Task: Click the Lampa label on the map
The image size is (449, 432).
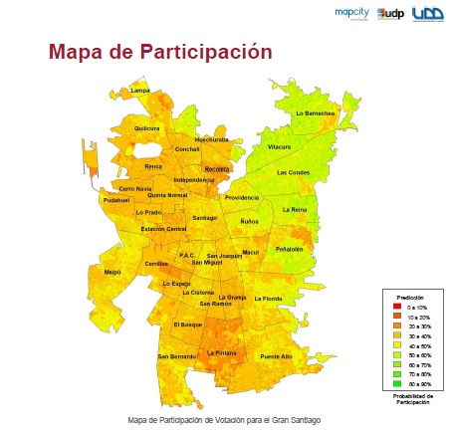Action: click(x=140, y=91)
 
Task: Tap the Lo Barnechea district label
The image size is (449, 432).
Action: click(x=315, y=113)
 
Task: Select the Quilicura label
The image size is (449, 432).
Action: click(x=146, y=128)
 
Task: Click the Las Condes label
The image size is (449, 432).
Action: click(x=294, y=172)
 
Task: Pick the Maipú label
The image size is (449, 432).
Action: click(x=112, y=270)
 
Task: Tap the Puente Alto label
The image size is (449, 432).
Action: click(x=276, y=355)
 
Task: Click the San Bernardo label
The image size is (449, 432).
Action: click(x=175, y=356)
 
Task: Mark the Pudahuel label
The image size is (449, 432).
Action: click(x=116, y=200)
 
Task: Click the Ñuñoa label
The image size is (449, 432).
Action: click(x=250, y=221)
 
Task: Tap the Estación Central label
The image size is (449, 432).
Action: click(x=163, y=230)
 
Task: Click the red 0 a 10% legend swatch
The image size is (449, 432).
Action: click(x=389, y=309)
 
